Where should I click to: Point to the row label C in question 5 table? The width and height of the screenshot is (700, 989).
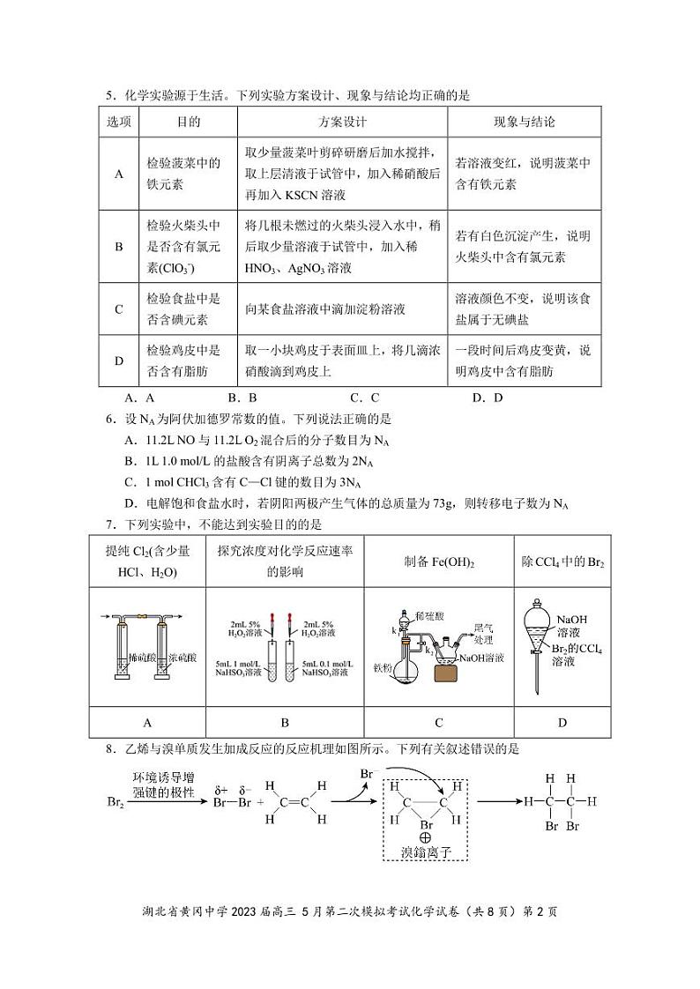[119, 309]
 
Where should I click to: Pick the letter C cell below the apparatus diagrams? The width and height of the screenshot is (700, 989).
[439, 723]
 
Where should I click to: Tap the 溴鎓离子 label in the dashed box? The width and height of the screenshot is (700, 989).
[426, 852]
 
